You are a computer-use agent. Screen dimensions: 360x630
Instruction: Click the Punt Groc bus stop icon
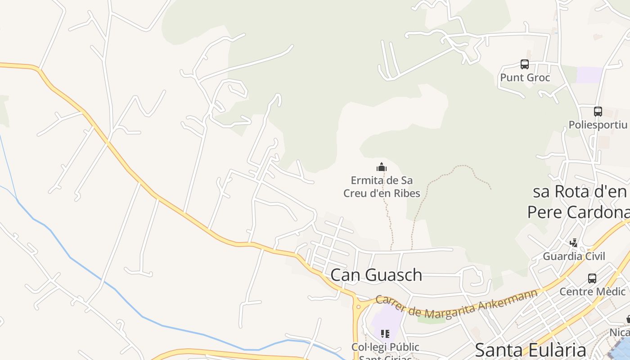pyautogui.click(x=525, y=64)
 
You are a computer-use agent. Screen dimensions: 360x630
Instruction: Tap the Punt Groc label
pyautogui.click(x=525, y=78)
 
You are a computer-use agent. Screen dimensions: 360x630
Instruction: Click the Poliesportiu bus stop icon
pyautogui.click(x=598, y=112)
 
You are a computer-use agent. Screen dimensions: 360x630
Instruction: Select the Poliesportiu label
pyautogui.click(x=598, y=125)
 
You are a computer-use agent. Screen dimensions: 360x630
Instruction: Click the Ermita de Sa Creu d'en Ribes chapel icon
pyautogui.click(x=382, y=167)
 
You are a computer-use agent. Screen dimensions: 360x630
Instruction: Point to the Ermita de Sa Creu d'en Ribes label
pyautogui.click(x=382, y=187)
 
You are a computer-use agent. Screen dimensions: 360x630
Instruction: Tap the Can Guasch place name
pyautogui.click(x=376, y=275)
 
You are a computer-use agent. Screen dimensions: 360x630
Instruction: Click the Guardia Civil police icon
pyautogui.click(x=574, y=243)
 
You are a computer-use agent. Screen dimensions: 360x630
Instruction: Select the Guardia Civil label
pyautogui.click(x=574, y=256)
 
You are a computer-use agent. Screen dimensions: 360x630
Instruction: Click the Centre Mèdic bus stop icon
pyautogui.click(x=592, y=279)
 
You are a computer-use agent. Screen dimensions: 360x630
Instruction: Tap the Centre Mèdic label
pyautogui.click(x=592, y=292)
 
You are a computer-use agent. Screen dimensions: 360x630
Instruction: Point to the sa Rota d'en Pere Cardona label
pyautogui.click(x=580, y=202)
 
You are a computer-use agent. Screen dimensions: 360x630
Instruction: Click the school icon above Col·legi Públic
pyautogui.click(x=385, y=334)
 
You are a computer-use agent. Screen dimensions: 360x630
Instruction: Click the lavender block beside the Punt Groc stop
pyautogui.click(x=589, y=75)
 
